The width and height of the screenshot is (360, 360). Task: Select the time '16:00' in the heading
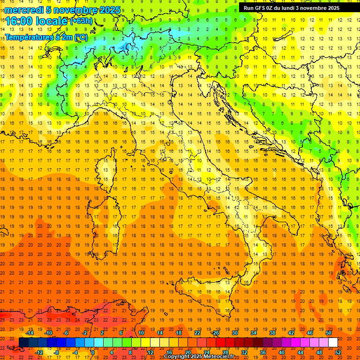tap(21, 21)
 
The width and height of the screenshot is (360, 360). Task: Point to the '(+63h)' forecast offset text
tap(81, 21)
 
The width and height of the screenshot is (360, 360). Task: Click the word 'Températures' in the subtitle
tap(28, 37)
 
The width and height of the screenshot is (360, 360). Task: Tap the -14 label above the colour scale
tap(30, 333)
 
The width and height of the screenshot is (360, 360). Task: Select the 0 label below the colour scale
tap(93, 352)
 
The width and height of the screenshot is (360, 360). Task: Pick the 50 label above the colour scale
tap(328, 333)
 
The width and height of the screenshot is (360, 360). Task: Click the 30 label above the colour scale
tap(234, 333)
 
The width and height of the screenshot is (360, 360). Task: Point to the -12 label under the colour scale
tap(39, 352)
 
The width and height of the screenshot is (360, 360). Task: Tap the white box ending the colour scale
tap(333, 343)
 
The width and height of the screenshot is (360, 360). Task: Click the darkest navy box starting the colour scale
tap(23, 343)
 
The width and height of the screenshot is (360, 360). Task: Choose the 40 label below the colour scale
tap(282, 352)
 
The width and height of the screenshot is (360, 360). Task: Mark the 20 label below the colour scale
tap(187, 352)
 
